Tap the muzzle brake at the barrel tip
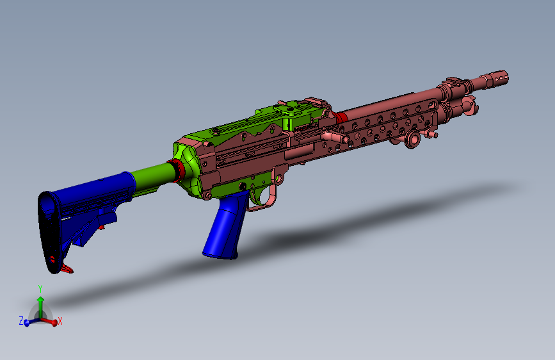click(496, 79)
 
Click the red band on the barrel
click(341, 117)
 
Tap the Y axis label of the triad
click(40, 288)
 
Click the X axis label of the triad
click(60, 321)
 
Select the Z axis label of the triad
click(20, 320)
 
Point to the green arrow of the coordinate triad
click(40, 302)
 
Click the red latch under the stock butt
click(66, 268)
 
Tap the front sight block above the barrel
click(454, 83)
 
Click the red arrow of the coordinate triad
click(51, 318)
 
